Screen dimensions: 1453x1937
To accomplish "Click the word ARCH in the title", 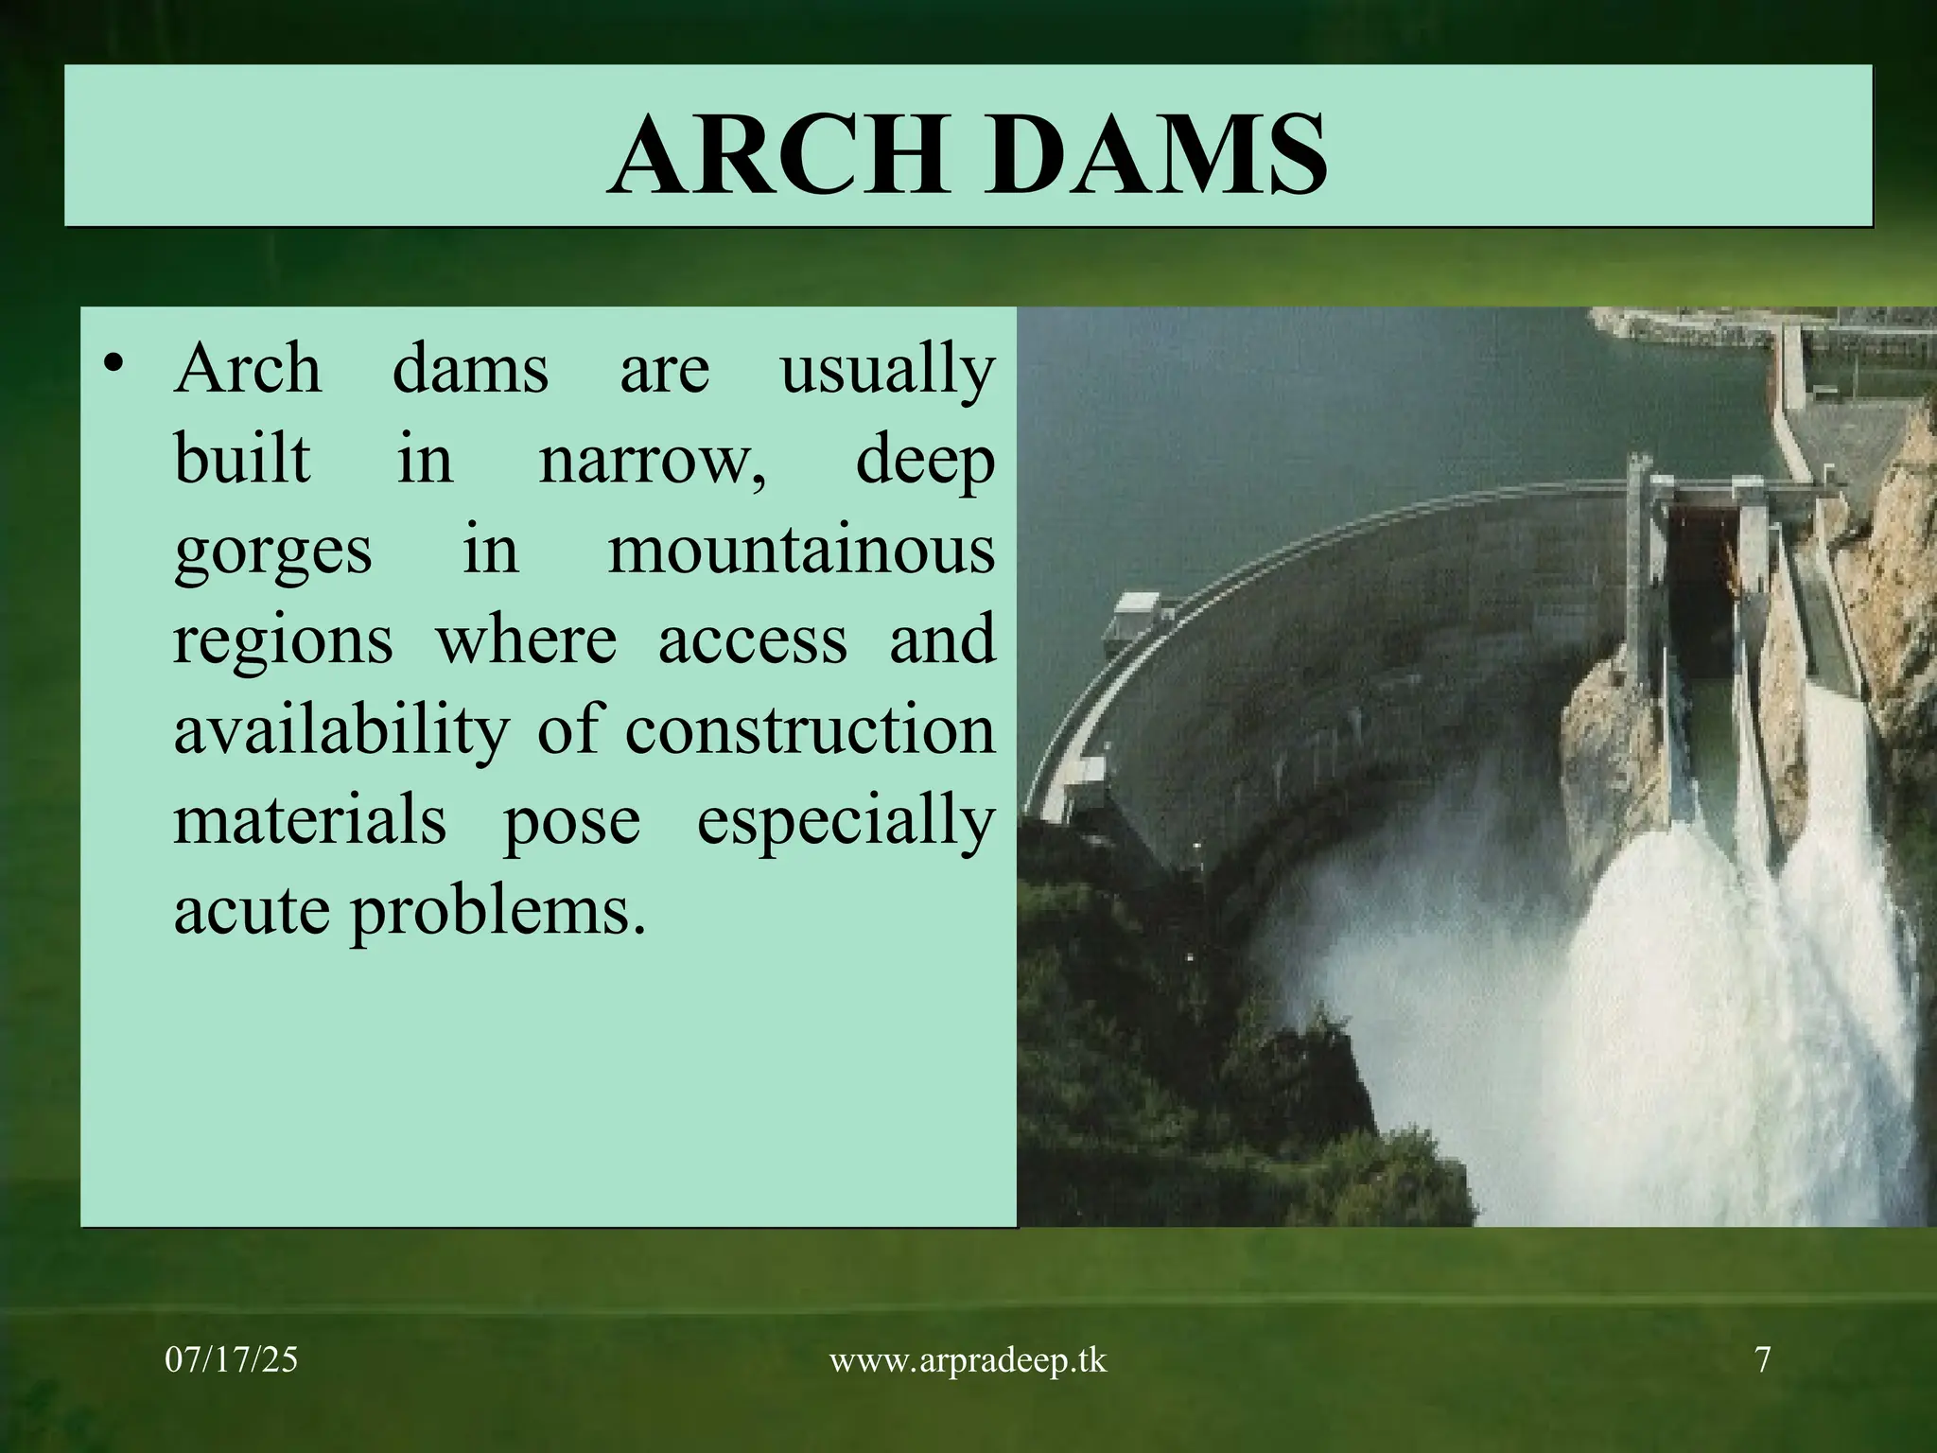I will [778, 153].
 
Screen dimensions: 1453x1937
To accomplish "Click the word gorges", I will [272, 551].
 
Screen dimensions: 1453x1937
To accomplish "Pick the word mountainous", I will [801, 550].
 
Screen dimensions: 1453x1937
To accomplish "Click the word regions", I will [283, 641].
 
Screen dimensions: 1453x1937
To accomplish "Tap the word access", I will [753, 640].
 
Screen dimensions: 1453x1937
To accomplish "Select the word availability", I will [341, 731].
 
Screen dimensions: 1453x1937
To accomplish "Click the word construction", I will [810, 729].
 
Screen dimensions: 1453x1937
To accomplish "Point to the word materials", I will [309, 820].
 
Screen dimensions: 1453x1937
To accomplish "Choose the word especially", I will [846, 821].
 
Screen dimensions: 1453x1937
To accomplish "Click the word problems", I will [498, 911].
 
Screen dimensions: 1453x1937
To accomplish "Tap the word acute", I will [253, 911].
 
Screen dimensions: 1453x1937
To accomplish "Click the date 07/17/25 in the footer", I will [231, 1360].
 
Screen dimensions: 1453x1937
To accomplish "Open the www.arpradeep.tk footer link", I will [967, 1360].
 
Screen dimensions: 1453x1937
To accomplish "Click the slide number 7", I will [1763, 1360].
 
